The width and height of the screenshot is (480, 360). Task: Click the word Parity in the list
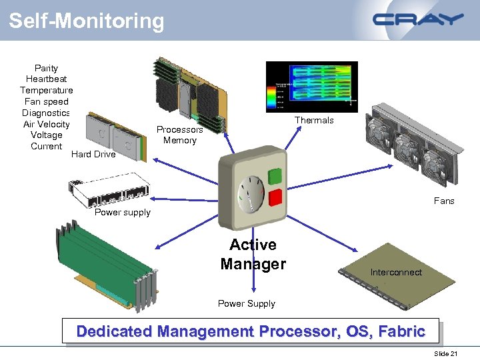coord(46,68)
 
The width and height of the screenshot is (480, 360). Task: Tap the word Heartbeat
coord(46,79)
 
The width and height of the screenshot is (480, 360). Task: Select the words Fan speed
coord(46,101)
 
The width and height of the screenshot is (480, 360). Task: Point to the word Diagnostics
coord(46,113)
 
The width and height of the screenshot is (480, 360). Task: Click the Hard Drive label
coord(93,155)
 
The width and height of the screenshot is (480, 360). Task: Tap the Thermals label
coord(314,121)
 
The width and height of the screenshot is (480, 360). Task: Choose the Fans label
coord(444,201)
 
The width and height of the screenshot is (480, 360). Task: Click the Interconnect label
coord(396,272)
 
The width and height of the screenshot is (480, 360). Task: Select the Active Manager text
coord(253,255)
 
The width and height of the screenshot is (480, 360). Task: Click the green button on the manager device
coord(274,177)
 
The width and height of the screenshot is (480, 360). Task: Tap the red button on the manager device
coord(274,198)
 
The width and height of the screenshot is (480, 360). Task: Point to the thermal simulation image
coord(311,87)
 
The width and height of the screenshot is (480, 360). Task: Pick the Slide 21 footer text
coord(445,353)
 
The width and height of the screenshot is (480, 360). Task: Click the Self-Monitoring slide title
coord(86,21)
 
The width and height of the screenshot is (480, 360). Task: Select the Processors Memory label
coord(180,135)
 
